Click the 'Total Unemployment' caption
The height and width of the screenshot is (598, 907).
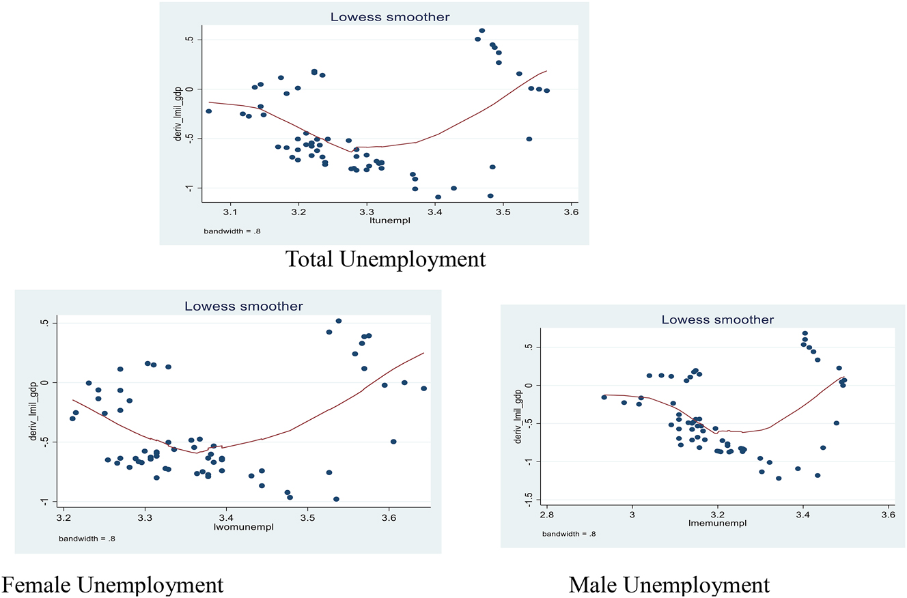point(385,259)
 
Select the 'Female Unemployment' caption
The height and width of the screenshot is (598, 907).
point(113,584)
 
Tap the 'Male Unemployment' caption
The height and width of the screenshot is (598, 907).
point(669,585)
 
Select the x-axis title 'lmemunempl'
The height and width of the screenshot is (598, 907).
point(717,524)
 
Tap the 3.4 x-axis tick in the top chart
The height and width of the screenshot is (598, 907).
point(435,212)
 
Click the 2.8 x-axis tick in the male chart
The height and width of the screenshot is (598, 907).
point(547,513)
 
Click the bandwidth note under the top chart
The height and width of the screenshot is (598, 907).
point(232,231)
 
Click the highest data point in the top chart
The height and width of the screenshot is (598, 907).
point(482,31)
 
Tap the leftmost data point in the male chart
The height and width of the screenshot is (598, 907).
point(604,397)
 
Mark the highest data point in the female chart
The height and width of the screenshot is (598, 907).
point(338,321)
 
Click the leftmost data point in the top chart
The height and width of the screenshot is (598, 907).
point(208,111)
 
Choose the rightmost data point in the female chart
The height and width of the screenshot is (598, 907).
point(423,388)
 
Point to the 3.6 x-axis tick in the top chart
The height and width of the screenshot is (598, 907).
point(571,212)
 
